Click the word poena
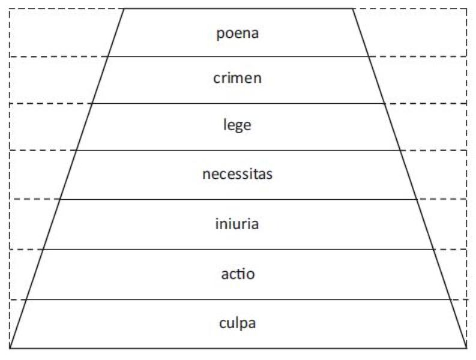[x=237, y=34]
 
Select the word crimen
[x=237, y=78]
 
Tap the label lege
[x=237, y=125]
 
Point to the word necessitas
[x=237, y=174]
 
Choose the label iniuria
[x=237, y=224]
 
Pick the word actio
[x=238, y=274]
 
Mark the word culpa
[x=237, y=323]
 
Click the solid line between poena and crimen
[x=238, y=56]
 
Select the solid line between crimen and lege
[x=238, y=104]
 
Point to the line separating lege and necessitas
[x=238, y=150]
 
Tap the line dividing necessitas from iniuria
[x=238, y=199]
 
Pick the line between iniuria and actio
[x=238, y=250]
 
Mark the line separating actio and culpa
[x=238, y=299]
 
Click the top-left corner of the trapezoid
[x=124, y=8]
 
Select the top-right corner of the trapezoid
[x=352, y=8]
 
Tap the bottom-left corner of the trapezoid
[x=10, y=348]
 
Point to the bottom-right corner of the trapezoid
[x=466, y=348]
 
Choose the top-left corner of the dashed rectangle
[x=10, y=9]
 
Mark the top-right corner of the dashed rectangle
[x=467, y=9]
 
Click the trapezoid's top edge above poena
[x=238, y=8]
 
